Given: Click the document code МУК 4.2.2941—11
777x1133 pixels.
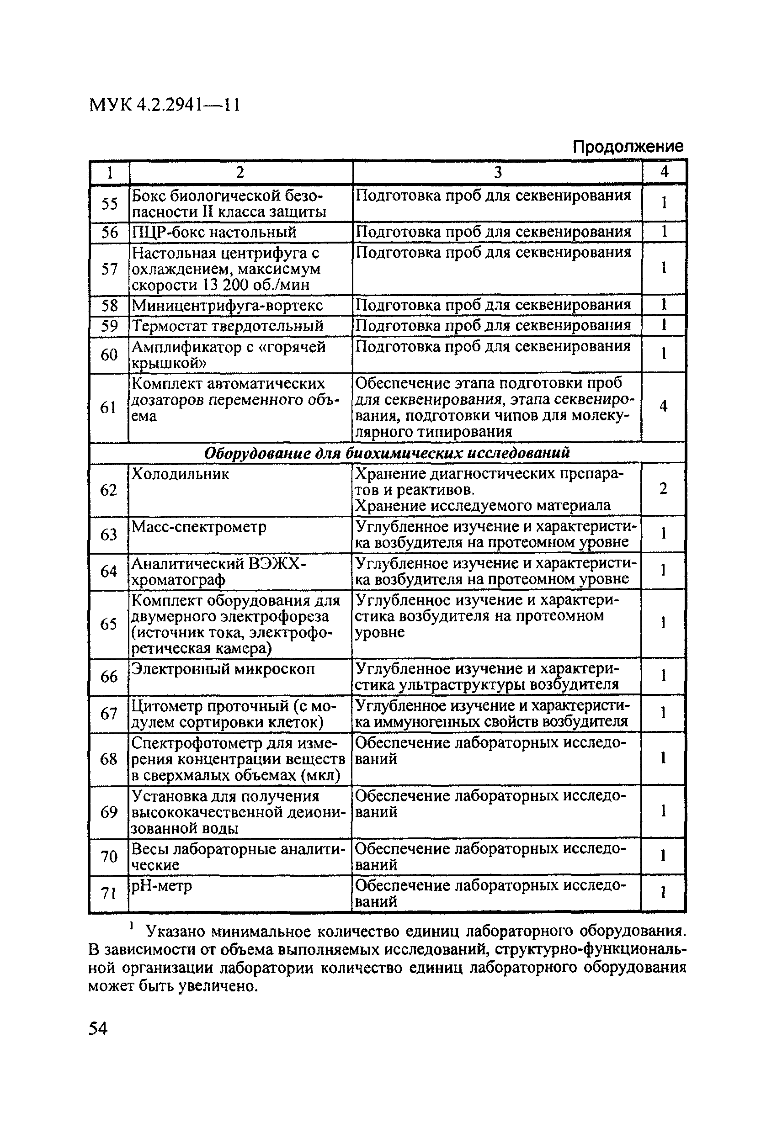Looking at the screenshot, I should tap(165, 105).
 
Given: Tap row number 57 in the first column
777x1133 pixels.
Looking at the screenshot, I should tap(109, 269).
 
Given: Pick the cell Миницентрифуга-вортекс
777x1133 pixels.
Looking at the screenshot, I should tap(227, 306).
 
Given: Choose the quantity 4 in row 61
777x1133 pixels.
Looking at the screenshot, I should tap(663, 406).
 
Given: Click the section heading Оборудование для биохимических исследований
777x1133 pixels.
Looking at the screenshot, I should tap(387, 453).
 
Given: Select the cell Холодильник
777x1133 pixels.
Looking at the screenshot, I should tap(180, 474).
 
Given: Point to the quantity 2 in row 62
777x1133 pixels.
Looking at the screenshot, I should tap(663, 488).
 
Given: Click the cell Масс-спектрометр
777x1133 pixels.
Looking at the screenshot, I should tap(199, 527).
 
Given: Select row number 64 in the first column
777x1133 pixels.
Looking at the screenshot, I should tap(108, 571).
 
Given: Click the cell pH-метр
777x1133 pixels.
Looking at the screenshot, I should tap(161, 885).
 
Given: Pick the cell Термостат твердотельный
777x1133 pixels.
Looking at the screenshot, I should tap(228, 326).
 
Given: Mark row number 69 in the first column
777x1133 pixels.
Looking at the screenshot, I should tap(108, 812).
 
